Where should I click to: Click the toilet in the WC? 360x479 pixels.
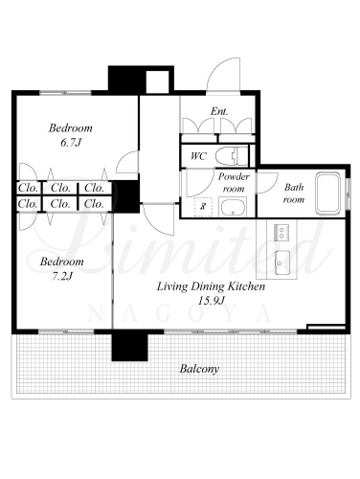(x=232, y=156)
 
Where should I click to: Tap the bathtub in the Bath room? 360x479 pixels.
(x=327, y=194)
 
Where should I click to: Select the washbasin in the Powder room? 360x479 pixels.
(x=233, y=207)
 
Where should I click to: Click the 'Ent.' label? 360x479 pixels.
(x=219, y=111)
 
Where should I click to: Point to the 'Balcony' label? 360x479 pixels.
(x=199, y=369)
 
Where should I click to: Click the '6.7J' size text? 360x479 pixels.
(x=71, y=142)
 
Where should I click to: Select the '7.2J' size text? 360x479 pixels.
(x=62, y=276)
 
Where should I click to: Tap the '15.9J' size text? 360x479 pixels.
(x=212, y=300)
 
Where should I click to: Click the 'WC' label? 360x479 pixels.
(x=198, y=156)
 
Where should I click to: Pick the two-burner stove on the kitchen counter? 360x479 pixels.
(x=281, y=232)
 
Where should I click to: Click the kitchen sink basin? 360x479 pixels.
(x=282, y=262)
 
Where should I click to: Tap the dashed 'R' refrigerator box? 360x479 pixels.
(x=203, y=207)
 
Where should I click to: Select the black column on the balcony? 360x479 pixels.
(x=129, y=347)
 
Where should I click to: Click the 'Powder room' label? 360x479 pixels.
(x=234, y=182)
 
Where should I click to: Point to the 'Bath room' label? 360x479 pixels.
(x=294, y=194)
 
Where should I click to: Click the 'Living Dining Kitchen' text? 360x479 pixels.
(x=211, y=286)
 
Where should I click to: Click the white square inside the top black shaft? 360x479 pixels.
(x=157, y=81)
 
